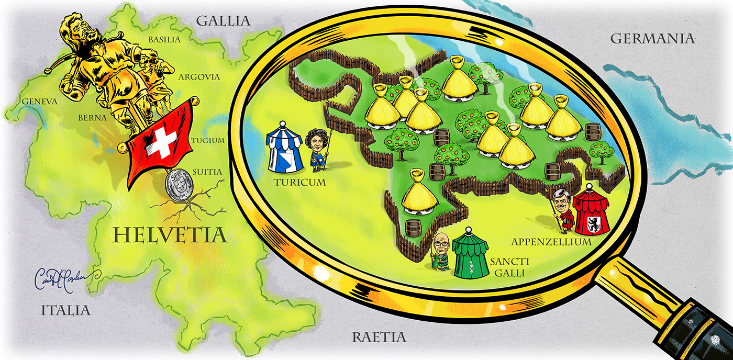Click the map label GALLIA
pos(223,21)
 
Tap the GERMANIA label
pos(652,39)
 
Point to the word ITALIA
pos(65,310)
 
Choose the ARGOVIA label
pos(198,77)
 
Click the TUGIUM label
pos(208,140)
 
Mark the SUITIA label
pos(207,172)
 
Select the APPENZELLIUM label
pos(551,242)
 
